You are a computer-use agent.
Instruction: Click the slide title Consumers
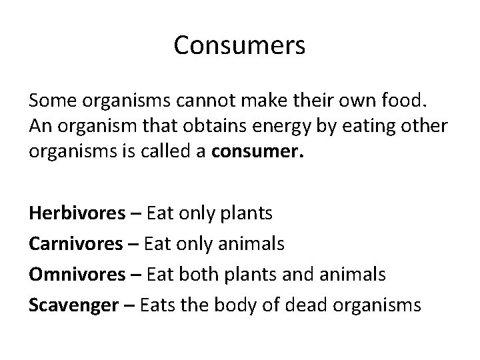(x=239, y=45)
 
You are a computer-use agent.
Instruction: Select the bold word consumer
(x=257, y=150)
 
